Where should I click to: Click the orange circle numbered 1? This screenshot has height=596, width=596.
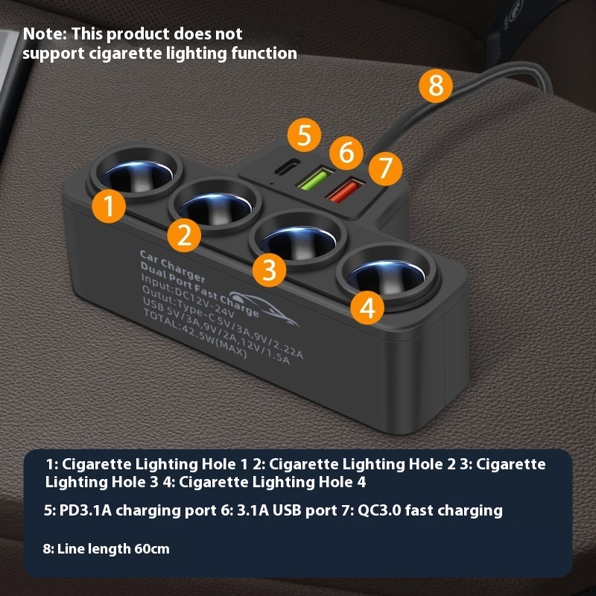[x=109, y=206]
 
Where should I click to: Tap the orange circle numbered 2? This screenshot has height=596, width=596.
[x=184, y=235]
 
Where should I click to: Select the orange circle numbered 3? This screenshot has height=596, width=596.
[x=269, y=270]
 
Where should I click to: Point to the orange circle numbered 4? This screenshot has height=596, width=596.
[x=367, y=308]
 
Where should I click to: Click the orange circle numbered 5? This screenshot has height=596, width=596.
[x=304, y=135]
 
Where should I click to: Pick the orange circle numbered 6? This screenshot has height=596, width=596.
[x=346, y=153]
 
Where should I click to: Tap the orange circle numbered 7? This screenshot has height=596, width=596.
[x=385, y=169]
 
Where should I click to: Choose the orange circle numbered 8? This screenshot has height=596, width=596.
[x=436, y=86]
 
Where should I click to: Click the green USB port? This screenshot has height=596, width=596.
[x=315, y=178]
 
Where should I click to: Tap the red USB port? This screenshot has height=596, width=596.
[x=346, y=190]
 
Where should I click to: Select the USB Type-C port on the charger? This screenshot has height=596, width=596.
[x=287, y=166]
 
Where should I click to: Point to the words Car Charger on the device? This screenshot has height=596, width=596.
[x=172, y=266]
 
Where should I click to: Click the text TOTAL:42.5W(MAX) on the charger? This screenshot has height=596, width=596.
[x=195, y=333]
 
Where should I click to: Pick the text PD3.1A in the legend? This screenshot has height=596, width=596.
[x=86, y=510]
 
